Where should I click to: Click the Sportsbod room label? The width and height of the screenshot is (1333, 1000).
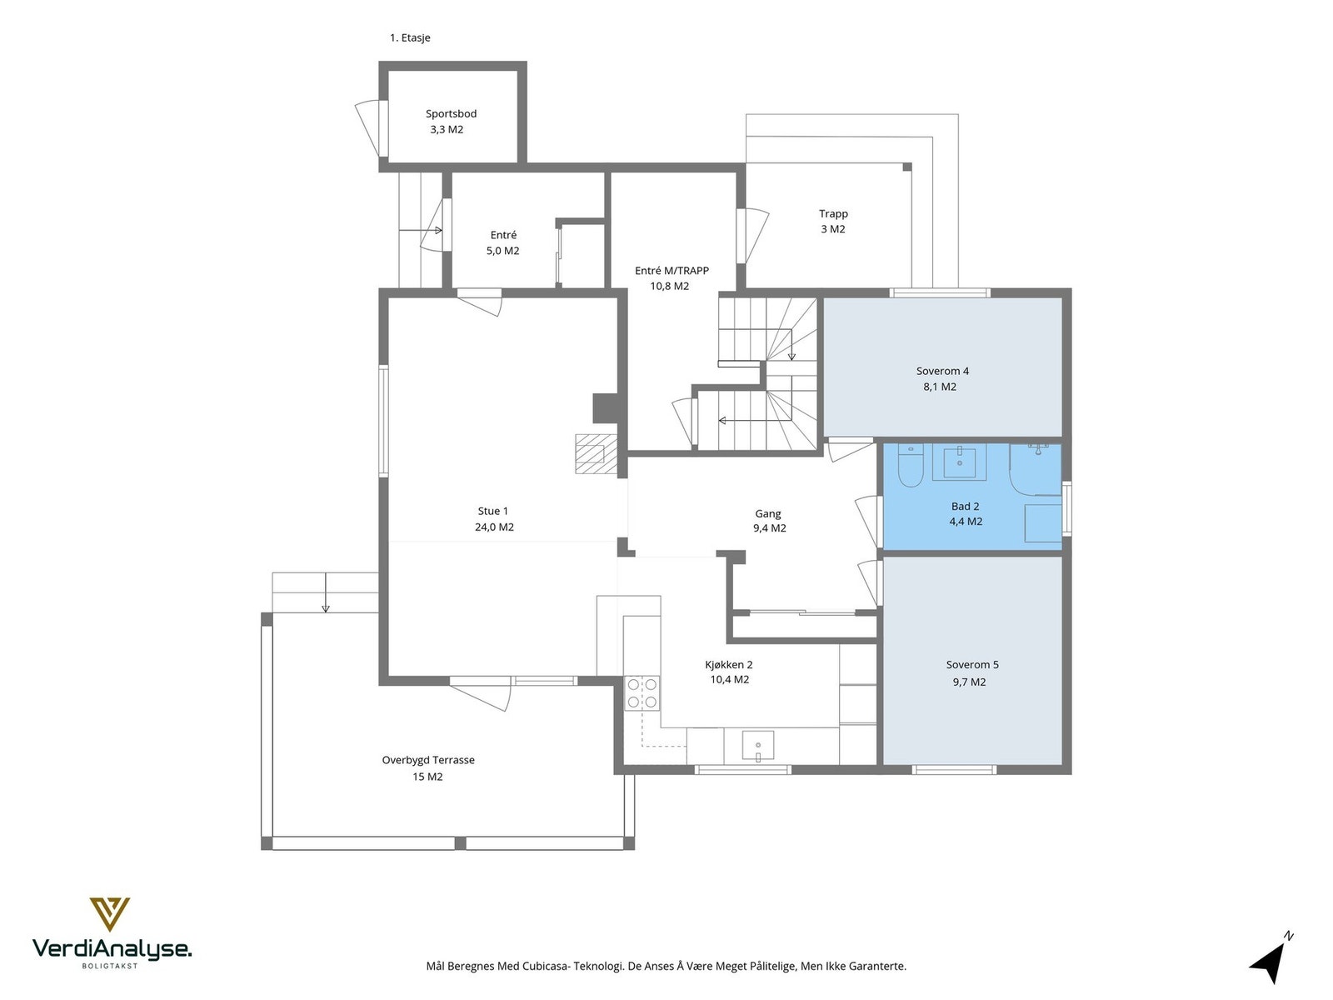tap(451, 113)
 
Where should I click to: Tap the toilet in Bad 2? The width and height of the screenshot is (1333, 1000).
tap(910, 467)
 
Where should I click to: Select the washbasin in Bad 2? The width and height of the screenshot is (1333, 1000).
tap(960, 463)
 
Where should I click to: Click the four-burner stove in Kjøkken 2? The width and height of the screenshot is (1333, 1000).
tap(642, 693)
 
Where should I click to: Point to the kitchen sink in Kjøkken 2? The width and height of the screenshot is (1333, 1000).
tap(758, 746)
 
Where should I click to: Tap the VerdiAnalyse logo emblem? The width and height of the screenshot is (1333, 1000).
tap(110, 914)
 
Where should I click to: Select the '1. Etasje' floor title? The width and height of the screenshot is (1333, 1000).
tap(410, 37)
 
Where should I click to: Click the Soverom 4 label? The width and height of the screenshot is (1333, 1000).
tap(942, 371)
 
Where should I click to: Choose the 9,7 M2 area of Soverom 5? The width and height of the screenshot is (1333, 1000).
tap(969, 682)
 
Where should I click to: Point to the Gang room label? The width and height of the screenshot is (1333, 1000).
tap(767, 513)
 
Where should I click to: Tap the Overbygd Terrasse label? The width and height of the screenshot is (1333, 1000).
tap(428, 760)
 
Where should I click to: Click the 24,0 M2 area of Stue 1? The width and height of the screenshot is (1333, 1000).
tap(494, 527)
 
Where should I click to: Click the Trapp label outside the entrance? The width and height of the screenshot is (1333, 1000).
tap(833, 213)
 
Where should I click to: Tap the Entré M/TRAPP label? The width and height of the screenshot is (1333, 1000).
tap(671, 271)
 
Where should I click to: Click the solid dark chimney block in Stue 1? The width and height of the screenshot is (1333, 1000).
tap(605, 408)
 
